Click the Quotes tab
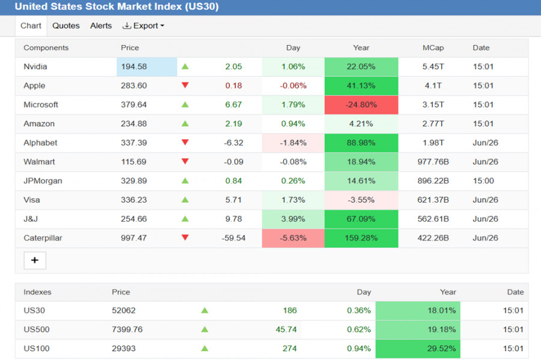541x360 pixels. [x=66, y=26]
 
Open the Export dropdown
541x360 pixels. [x=144, y=26]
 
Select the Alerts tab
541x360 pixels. [x=101, y=26]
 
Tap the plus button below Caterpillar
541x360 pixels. [x=35, y=260]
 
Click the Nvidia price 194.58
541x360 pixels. [x=134, y=67]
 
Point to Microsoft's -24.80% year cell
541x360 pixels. [x=361, y=105]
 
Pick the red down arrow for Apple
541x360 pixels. [x=185, y=85]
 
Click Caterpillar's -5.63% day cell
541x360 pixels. [x=293, y=238]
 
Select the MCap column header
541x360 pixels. [x=433, y=48]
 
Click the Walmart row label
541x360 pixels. [x=39, y=162]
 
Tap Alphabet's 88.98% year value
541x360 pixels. [x=361, y=143]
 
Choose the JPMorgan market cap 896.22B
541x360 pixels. [x=433, y=181]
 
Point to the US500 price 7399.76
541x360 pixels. [x=127, y=329]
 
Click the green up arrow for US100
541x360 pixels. [x=204, y=348]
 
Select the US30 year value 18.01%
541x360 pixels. [x=442, y=310]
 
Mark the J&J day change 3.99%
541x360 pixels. [x=293, y=219]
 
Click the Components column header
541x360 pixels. [x=46, y=48]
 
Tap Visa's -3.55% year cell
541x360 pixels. [x=361, y=200]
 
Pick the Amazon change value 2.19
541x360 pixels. [x=234, y=124]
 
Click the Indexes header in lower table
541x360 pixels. [x=37, y=292]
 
